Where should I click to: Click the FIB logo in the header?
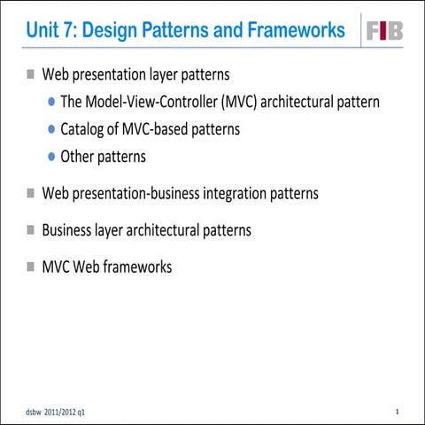pos(384,31)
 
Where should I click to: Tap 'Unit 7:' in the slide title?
pos(50,31)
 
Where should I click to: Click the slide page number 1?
pos(398,413)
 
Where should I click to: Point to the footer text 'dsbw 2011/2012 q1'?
pos(56,413)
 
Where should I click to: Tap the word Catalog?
pos(84,129)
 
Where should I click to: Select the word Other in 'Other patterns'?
pos(78,157)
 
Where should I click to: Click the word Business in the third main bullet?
pos(69,230)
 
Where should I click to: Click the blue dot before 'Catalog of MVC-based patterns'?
pos(52,129)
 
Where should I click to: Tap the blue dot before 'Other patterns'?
pos(52,157)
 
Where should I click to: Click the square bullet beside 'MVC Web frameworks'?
pos(31,266)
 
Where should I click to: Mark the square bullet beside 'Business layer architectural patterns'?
pos(31,229)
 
